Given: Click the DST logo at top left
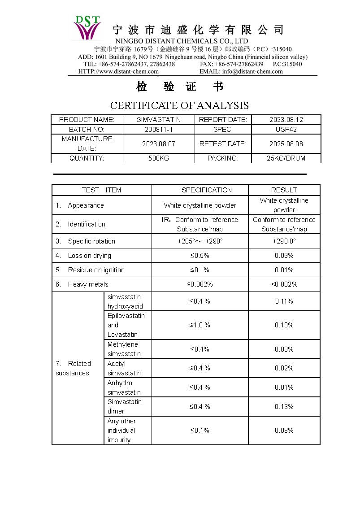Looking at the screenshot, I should (87, 28).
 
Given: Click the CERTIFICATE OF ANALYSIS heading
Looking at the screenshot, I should (179, 105).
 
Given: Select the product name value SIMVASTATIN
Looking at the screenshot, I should (159, 120).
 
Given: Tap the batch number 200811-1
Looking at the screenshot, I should (159, 129).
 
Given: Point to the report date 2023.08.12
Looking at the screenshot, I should (286, 120).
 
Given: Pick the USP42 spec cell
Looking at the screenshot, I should (286, 129).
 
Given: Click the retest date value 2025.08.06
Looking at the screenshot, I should (286, 144).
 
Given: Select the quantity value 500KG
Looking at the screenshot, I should (159, 158).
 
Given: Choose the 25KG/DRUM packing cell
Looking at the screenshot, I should (286, 158).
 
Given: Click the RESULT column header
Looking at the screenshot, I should (284, 190).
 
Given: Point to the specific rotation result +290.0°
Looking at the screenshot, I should (284, 241).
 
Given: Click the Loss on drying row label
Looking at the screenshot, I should (89, 256).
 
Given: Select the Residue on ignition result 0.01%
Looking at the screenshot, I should (284, 270).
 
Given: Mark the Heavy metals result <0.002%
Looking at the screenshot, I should (284, 284).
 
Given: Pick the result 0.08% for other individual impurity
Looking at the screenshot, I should (284, 431).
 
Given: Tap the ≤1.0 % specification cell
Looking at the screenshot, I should (200, 325).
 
